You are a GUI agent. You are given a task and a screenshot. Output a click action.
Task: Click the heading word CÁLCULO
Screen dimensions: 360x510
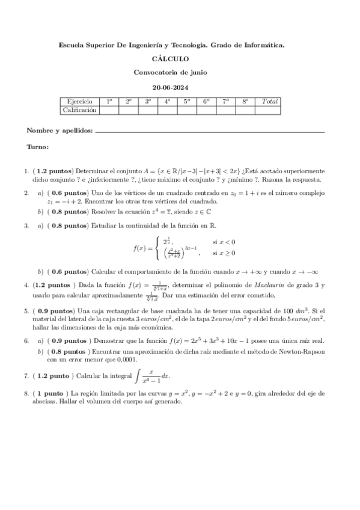pyautogui.click(x=171, y=59)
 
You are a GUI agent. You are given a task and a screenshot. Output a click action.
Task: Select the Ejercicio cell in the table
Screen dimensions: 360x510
pyautogui.click(x=79, y=102)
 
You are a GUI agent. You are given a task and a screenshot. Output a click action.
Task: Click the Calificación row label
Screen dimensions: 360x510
pyautogui.click(x=79, y=110)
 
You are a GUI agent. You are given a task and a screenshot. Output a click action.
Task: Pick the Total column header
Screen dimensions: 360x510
pyautogui.click(x=267, y=102)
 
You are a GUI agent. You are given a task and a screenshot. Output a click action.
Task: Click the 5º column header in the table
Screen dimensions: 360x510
pyautogui.click(x=187, y=102)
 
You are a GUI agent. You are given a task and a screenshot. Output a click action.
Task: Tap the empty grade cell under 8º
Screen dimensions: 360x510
pyautogui.click(x=245, y=110)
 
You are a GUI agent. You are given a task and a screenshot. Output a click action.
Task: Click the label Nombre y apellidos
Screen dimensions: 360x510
pyautogui.click(x=60, y=131)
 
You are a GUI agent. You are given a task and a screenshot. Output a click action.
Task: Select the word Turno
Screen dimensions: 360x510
pyautogui.click(x=38, y=146)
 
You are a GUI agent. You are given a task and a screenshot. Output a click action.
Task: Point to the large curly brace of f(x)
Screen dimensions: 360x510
pyautogui.click(x=157, y=248)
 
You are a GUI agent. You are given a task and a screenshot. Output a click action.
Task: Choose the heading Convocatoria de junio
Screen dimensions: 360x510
pyautogui.click(x=171, y=73)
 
